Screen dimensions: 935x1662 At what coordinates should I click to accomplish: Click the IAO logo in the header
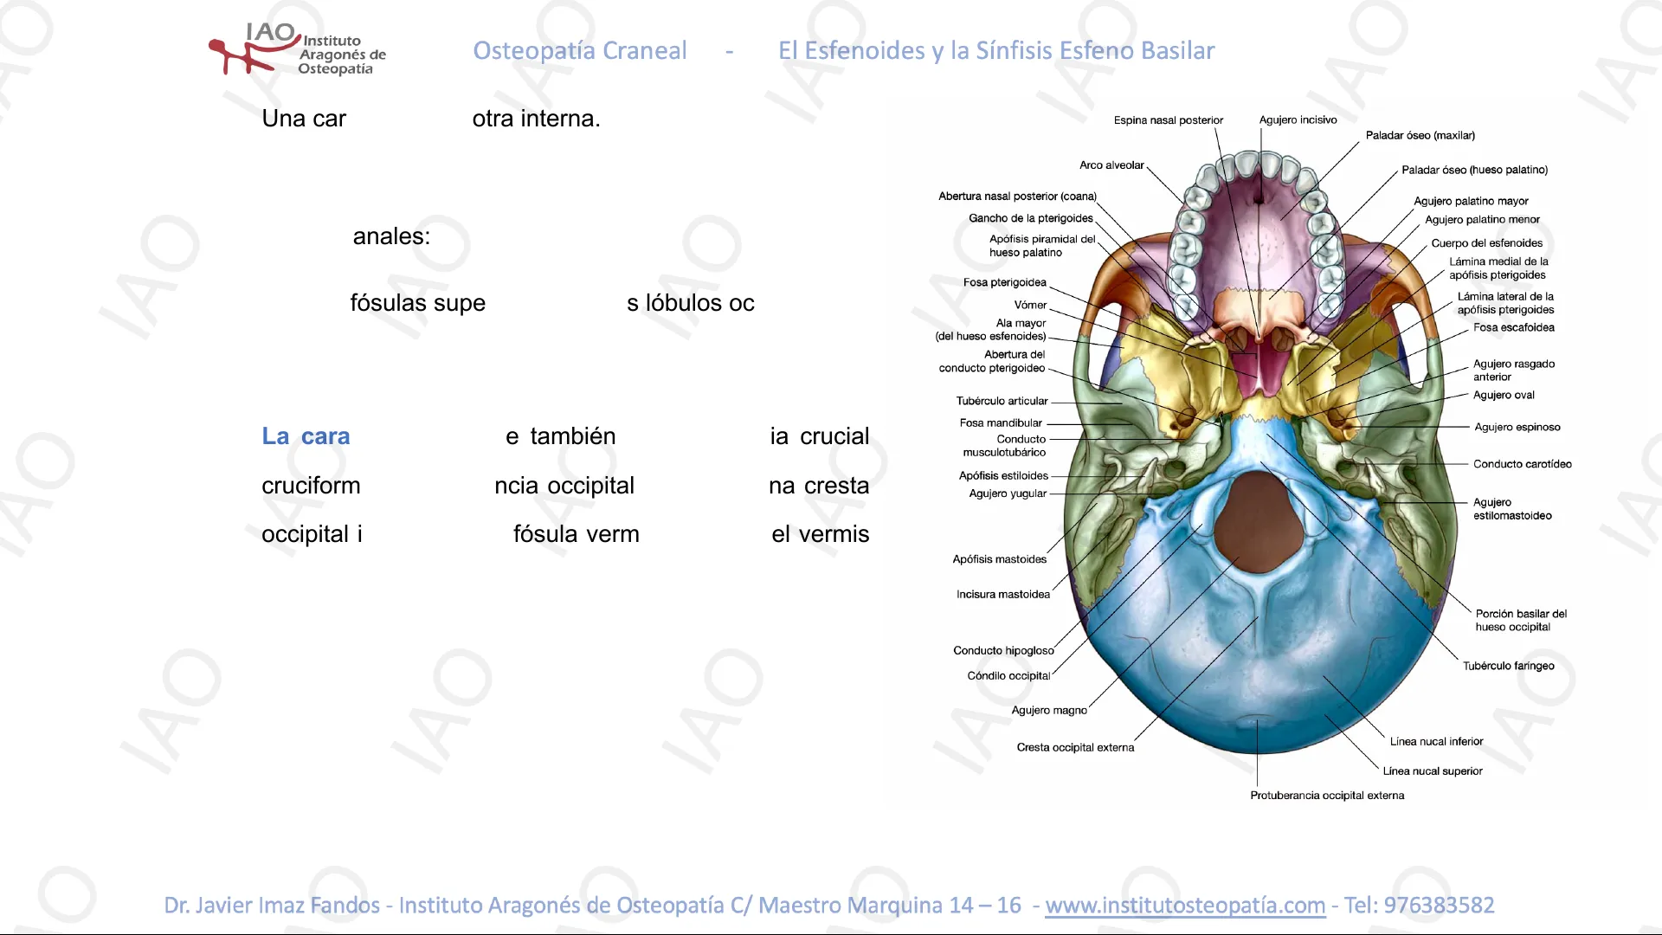pyautogui.click(x=296, y=49)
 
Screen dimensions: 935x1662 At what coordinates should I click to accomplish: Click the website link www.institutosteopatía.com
pyautogui.click(x=1185, y=905)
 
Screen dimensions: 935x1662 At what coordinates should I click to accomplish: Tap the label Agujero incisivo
pyautogui.click(x=1298, y=120)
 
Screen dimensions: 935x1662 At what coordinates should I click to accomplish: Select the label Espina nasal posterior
pyautogui.click(x=1168, y=120)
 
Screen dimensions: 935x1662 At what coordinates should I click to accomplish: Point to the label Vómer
pyautogui.click(x=1030, y=305)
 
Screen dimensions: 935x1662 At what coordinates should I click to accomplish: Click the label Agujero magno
pyautogui.click(x=1049, y=710)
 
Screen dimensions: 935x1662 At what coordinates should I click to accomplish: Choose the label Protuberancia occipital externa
pyautogui.click(x=1327, y=796)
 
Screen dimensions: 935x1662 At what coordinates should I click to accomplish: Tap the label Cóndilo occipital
pyautogui.click(x=1008, y=676)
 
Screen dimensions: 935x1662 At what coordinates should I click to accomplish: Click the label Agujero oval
pyautogui.click(x=1504, y=396)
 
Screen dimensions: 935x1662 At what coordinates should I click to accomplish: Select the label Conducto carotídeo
pyautogui.click(x=1522, y=464)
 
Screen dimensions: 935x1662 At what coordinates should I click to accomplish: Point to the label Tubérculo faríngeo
pyautogui.click(x=1508, y=666)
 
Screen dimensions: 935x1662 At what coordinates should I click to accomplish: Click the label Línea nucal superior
pyautogui.click(x=1433, y=771)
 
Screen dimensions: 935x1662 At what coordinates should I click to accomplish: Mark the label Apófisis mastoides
pyautogui.click(x=1000, y=559)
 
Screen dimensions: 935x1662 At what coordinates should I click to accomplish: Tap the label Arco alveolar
pyautogui.click(x=1111, y=165)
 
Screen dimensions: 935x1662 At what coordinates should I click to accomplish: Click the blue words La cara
pyautogui.click(x=306, y=436)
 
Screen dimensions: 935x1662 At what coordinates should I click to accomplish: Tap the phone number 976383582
pyautogui.click(x=1439, y=905)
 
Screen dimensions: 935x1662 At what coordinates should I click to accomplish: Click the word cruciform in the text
pyautogui.click(x=311, y=486)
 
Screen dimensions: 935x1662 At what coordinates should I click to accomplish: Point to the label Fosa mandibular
pyautogui.click(x=1001, y=423)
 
